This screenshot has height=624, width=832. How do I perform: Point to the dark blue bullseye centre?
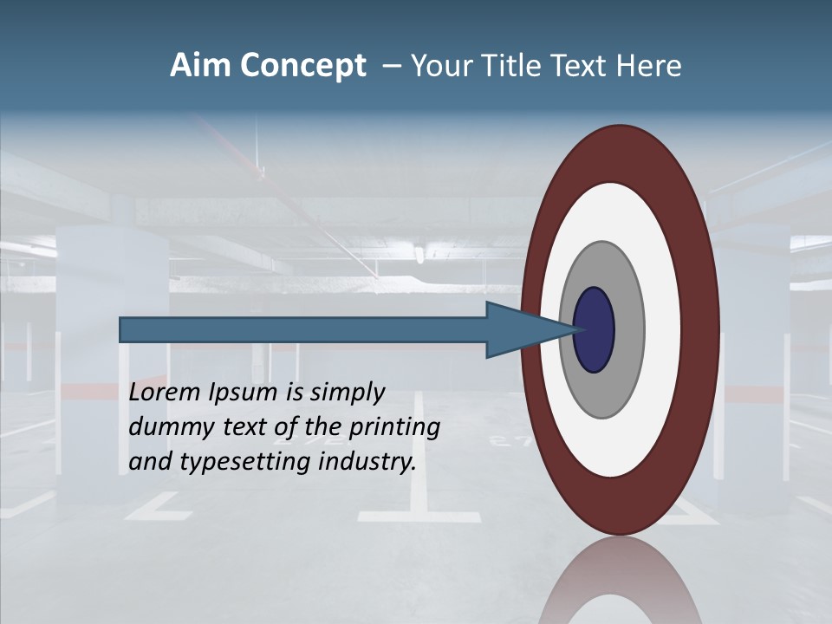(595, 329)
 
